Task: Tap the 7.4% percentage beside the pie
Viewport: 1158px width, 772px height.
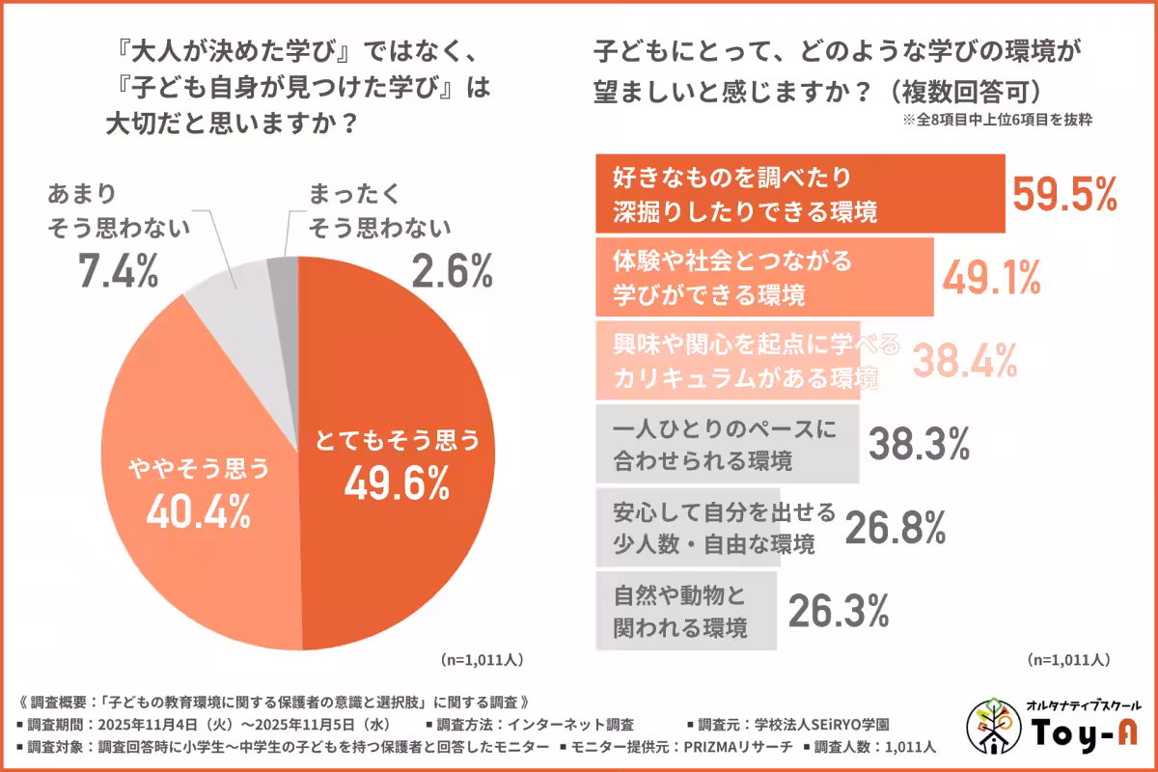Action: pos(117,272)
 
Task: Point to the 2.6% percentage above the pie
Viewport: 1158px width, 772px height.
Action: pos(453,273)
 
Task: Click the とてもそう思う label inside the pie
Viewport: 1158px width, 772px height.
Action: pos(397,441)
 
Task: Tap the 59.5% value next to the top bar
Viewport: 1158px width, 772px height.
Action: pos(1064,194)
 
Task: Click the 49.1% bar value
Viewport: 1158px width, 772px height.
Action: pos(991,278)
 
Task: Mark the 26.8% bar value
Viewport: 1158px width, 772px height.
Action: pos(895,527)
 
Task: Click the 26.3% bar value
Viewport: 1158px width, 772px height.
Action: pos(839,610)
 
